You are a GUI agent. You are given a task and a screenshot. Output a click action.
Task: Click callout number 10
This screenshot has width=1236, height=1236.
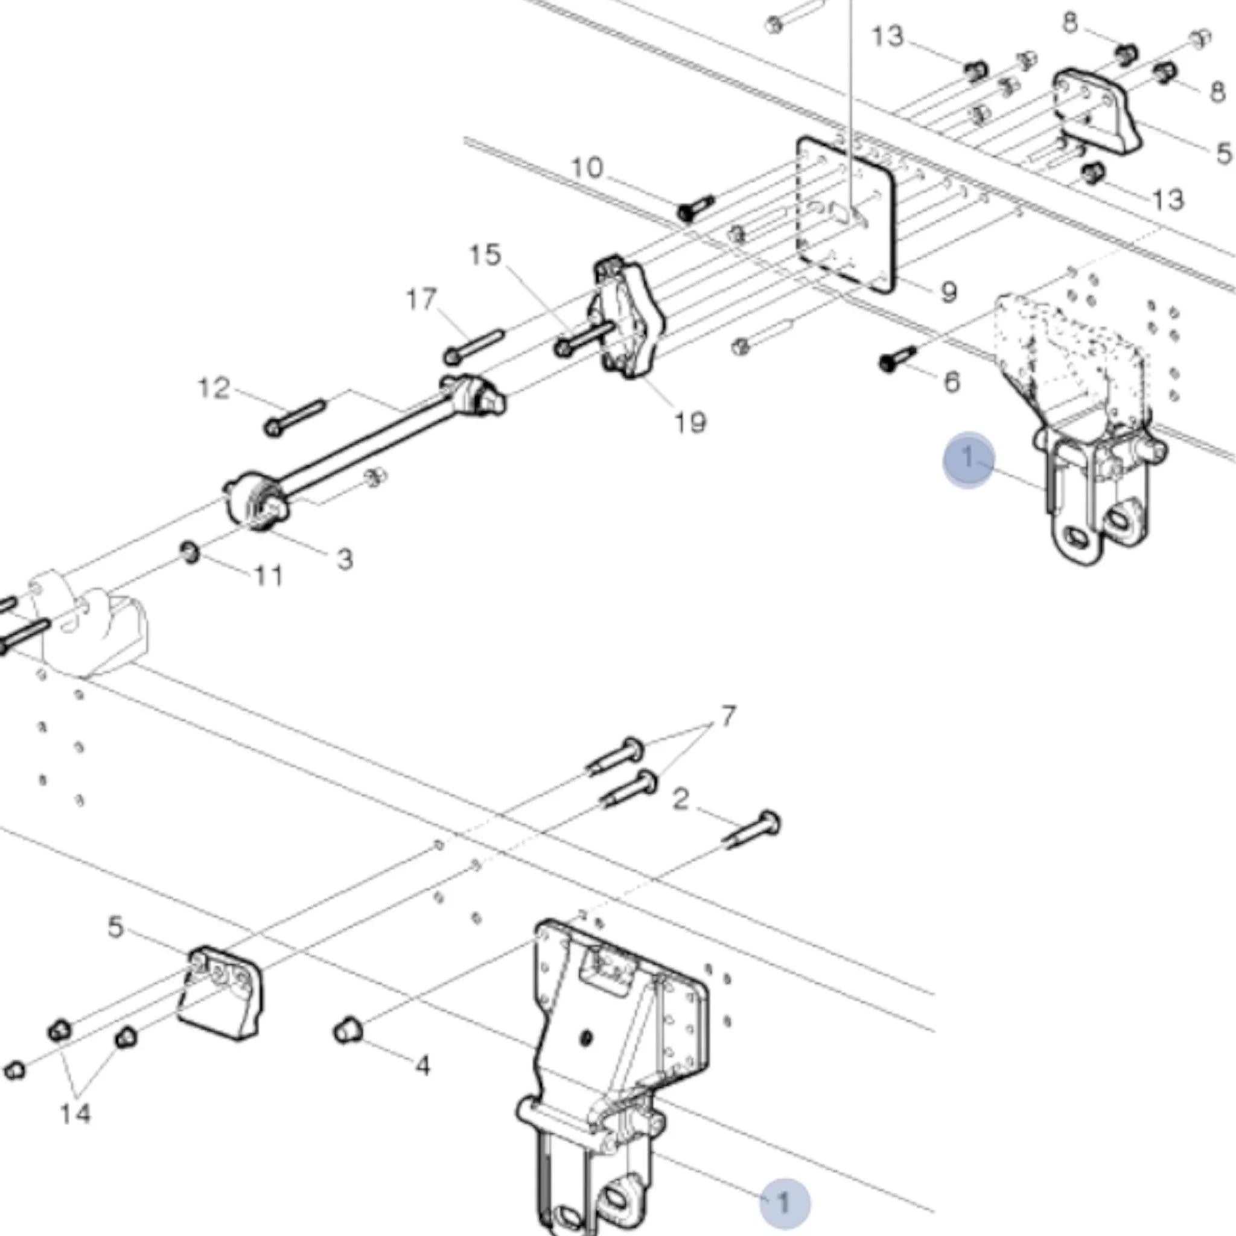[x=587, y=168]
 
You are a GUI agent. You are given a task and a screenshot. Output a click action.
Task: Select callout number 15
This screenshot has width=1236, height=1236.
[x=485, y=255]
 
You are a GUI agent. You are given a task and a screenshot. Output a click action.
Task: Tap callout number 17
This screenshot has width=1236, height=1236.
[x=421, y=299]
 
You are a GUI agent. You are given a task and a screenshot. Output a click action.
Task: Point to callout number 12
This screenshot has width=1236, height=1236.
[x=214, y=387]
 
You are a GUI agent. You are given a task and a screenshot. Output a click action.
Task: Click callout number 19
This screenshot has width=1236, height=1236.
[x=690, y=422]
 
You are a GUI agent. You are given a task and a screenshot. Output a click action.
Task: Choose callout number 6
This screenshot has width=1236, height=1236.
[x=952, y=382]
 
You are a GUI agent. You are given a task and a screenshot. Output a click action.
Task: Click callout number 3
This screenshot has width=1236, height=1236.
[x=345, y=559]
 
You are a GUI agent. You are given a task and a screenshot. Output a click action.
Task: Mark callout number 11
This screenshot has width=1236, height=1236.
[x=268, y=576]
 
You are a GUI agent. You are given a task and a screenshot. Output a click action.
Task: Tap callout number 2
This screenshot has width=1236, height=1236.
[x=681, y=798]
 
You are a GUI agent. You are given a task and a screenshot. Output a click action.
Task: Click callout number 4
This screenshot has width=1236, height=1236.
[x=422, y=1065]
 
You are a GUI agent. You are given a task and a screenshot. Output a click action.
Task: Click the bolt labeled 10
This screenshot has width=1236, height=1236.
[x=695, y=208]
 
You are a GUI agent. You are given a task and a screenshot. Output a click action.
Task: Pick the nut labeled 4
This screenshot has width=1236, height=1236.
[x=348, y=1031]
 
